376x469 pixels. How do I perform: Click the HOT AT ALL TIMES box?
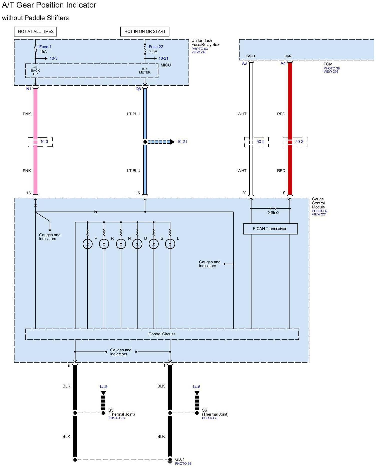tap(36, 32)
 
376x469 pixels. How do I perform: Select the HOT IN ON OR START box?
tap(145, 32)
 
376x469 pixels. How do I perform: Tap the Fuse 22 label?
tap(156, 47)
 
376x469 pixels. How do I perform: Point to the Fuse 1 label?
tap(45, 47)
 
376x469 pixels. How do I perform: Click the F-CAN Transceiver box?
tap(270, 229)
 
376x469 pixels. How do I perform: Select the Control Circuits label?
tap(162, 334)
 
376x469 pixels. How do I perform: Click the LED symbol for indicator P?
tap(88, 244)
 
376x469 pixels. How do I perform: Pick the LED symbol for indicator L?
tap(170, 244)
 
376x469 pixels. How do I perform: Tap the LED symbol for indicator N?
tap(121, 244)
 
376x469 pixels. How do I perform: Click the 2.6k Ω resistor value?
tap(273, 213)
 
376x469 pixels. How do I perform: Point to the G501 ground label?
tap(180, 459)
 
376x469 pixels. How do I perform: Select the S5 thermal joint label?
tap(111, 410)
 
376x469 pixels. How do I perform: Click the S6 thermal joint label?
tap(205, 410)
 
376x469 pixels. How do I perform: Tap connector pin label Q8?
tap(138, 89)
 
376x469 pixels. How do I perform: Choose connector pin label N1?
tap(29, 89)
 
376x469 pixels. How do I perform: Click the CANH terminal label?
tap(250, 56)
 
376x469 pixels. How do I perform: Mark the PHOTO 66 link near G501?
tap(183, 464)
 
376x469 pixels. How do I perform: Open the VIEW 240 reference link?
tap(199, 52)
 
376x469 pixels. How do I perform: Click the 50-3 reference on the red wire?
tap(299, 142)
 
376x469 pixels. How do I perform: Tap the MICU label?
tap(166, 65)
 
